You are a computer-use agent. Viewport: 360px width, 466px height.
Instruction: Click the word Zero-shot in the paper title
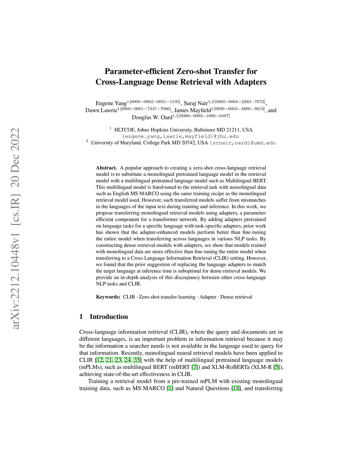click(x=194, y=71)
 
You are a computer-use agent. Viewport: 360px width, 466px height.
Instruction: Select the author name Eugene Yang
click(x=111, y=103)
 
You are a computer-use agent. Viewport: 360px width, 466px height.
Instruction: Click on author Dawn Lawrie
click(x=101, y=110)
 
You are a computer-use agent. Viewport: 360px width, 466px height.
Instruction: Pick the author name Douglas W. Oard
click(x=152, y=117)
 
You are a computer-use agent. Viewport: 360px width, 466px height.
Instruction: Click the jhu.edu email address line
click(x=180, y=136)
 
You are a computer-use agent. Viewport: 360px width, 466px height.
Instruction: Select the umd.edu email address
click(x=243, y=143)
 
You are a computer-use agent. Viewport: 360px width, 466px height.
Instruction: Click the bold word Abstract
click(x=106, y=168)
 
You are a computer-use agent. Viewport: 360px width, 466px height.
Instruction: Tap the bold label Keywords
click(x=108, y=297)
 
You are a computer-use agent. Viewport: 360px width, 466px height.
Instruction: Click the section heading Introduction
click(x=109, y=317)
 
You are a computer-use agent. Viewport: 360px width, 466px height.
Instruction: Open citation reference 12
click(x=99, y=360)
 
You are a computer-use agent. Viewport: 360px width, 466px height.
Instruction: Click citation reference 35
click(x=137, y=360)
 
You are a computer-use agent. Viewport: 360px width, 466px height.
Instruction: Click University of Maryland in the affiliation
click(x=116, y=143)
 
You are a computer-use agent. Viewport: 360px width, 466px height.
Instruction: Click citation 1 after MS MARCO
click(x=170, y=388)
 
